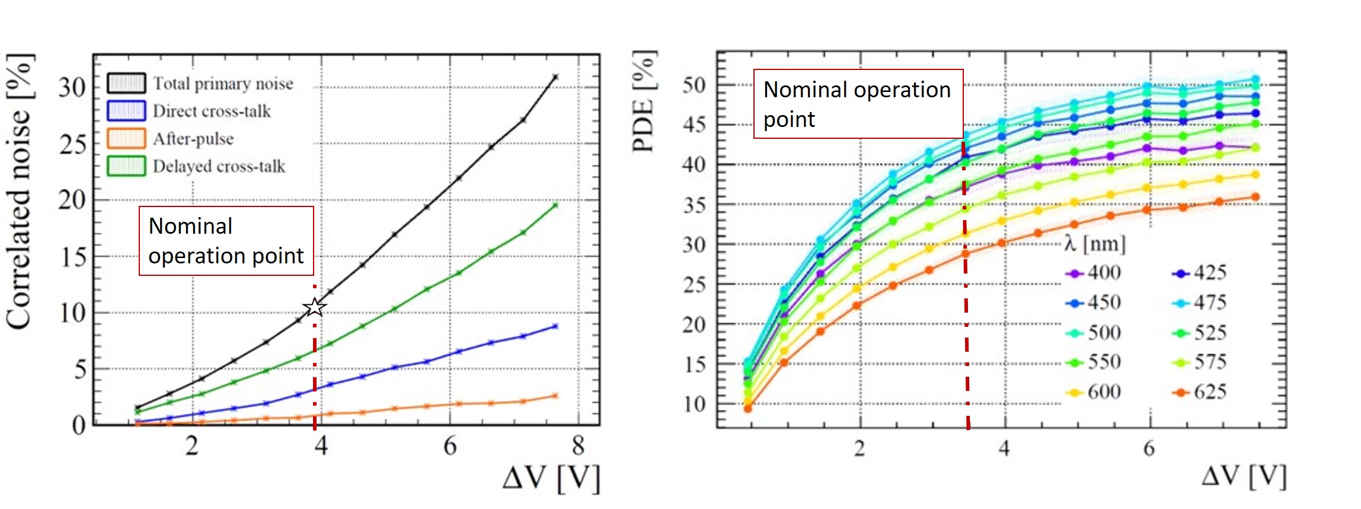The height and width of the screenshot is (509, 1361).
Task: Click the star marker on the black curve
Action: (x=315, y=307)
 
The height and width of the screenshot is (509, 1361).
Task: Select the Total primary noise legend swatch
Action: (x=126, y=83)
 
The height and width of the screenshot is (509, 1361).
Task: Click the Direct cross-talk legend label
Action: (x=212, y=111)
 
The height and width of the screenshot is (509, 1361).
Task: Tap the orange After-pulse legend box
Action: (x=126, y=138)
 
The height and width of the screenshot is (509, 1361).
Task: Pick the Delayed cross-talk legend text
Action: (x=219, y=166)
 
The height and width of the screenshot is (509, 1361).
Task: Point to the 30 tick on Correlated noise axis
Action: (x=72, y=88)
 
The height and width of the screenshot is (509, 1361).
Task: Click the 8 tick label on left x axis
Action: (x=578, y=446)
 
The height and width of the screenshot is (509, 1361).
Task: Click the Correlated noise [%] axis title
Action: (x=19, y=191)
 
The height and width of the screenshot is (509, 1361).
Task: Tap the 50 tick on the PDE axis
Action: (x=694, y=85)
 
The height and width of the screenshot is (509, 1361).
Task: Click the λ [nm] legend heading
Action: (x=1094, y=244)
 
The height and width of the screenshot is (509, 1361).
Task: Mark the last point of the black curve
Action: (x=555, y=77)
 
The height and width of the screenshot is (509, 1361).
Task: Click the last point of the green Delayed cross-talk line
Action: (x=555, y=205)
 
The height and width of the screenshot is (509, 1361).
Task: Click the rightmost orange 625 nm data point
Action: (x=1255, y=197)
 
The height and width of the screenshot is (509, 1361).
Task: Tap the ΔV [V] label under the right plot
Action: (x=1244, y=476)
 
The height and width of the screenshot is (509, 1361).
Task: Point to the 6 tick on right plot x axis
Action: (x=1149, y=448)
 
